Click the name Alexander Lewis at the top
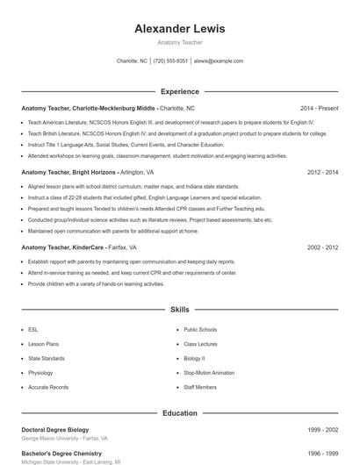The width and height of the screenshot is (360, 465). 179,28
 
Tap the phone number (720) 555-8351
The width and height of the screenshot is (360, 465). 170,61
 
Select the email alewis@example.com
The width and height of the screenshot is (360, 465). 219,61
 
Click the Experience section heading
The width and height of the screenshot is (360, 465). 179,90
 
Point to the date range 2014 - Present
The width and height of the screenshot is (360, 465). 319,107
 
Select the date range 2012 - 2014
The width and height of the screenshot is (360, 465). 322,173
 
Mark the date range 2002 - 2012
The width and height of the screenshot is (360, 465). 322,247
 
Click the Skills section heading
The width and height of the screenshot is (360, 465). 179,310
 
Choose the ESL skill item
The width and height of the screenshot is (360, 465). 33,330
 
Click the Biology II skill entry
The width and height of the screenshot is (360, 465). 194,358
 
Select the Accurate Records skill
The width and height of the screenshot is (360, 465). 47,386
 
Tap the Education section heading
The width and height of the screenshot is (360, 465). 179,412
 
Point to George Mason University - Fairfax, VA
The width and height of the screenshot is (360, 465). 64,438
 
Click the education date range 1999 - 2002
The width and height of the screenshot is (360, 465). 322,429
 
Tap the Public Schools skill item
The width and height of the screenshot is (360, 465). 200,330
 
